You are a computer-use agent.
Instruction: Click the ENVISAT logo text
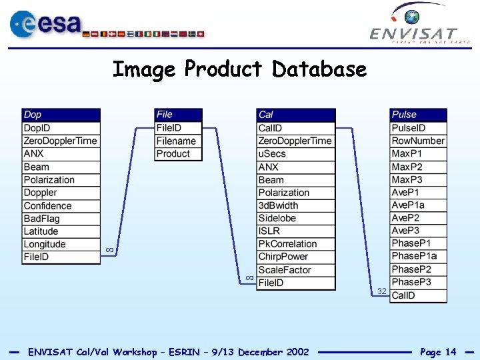coord(413,33)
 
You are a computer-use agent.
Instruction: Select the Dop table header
coord(61,115)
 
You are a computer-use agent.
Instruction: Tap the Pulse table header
coord(418,115)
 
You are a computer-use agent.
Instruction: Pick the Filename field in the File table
coord(177,141)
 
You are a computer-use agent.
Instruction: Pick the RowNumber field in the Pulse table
coord(418,141)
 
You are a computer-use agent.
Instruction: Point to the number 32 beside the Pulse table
coord(382,291)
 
